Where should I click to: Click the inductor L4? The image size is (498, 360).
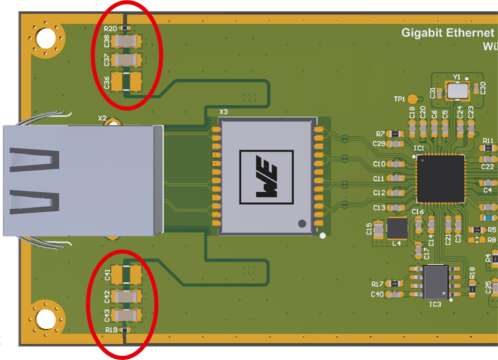[397, 229]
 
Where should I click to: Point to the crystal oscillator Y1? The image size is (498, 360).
[458, 91]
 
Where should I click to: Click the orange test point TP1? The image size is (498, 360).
[413, 98]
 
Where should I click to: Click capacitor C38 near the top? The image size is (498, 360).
[127, 42]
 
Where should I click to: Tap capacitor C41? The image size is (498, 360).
[127, 273]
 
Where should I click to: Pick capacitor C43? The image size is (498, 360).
[127, 315]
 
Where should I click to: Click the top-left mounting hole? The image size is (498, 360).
[45, 39]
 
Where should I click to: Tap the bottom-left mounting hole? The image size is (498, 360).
[45, 320]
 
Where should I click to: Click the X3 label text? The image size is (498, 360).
[223, 112]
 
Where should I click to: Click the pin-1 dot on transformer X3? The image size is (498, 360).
[302, 222]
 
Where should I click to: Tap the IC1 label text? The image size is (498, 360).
[418, 148]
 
